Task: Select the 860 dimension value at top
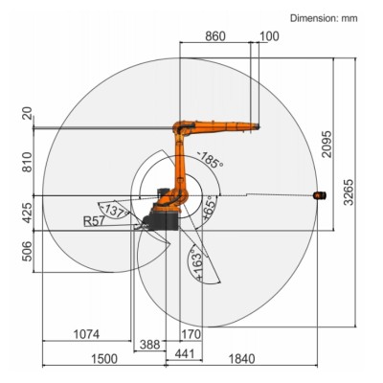(x=216, y=35)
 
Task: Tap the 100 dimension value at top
(x=269, y=35)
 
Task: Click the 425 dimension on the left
(x=26, y=212)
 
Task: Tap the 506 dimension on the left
(x=26, y=251)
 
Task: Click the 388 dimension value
(x=149, y=343)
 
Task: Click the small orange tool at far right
(x=321, y=195)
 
